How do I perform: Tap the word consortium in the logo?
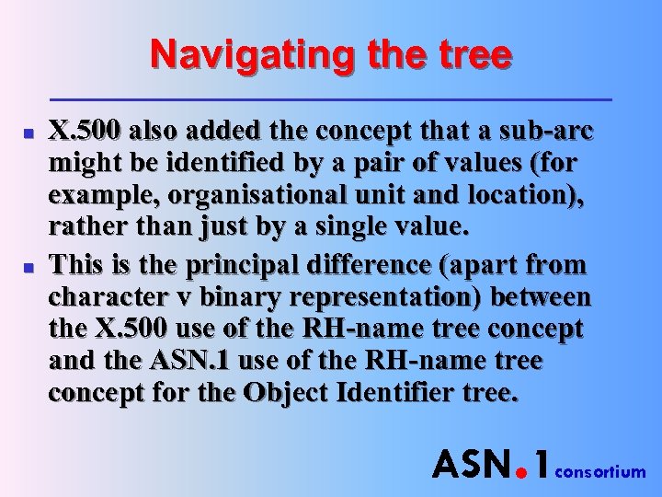(602, 472)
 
